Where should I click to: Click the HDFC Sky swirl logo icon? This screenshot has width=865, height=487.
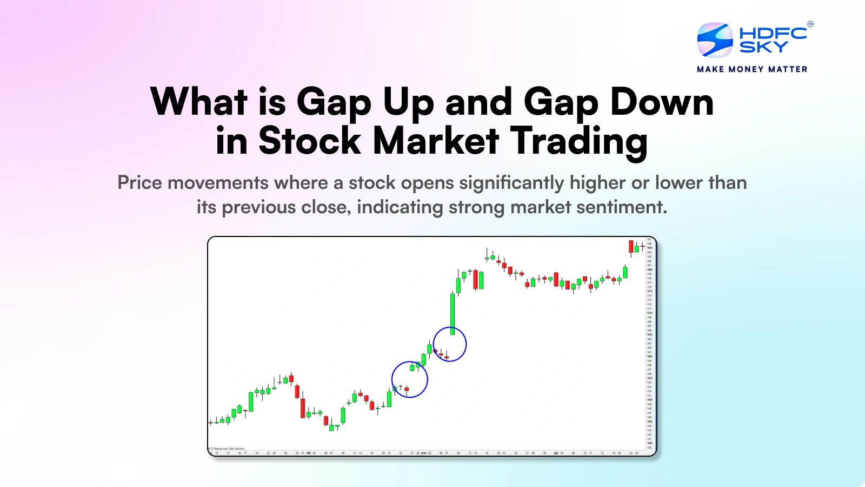[715, 40]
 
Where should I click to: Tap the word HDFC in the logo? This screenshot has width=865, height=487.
[773, 33]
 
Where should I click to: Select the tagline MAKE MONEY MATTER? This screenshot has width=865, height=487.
[752, 69]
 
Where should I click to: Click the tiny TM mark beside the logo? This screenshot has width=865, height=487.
[810, 24]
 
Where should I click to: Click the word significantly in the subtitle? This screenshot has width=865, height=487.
[511, 183]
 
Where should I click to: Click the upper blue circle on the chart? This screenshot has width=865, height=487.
[450, 344]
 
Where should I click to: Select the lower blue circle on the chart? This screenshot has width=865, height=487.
[409, 379]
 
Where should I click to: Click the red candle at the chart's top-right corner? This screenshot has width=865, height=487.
[631, 247]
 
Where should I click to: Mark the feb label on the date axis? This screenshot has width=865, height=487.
[309, 453]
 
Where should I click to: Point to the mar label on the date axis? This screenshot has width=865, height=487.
[423, 453]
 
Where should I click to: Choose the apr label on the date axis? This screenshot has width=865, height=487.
[556, 453]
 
